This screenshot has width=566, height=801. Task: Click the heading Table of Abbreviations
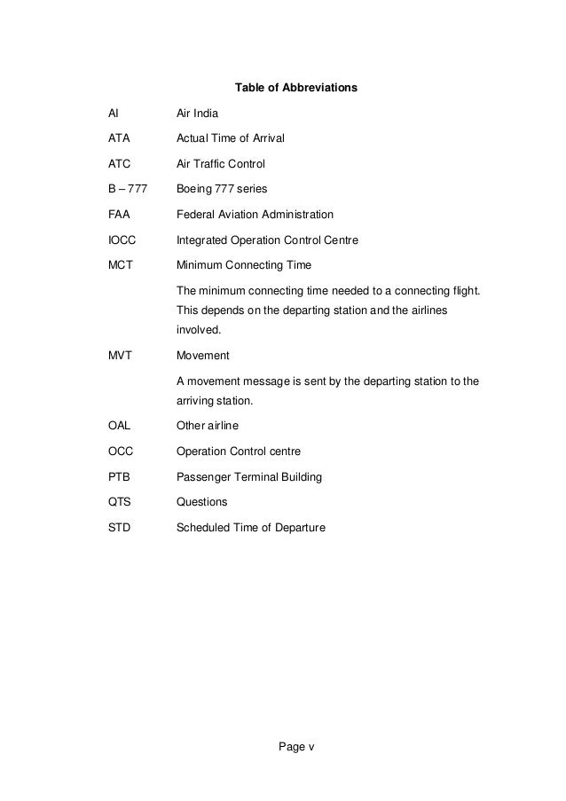click(x=295, y=89)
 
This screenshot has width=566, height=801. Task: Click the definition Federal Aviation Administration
click(x=255, y=215)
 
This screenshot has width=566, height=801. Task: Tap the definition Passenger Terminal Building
click(x=249, y=477)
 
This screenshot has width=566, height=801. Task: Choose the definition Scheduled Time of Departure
click(x=251, y=528)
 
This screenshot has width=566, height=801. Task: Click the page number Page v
click(x=296, y=746)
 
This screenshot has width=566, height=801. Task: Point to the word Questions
click(x=201, y=502)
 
